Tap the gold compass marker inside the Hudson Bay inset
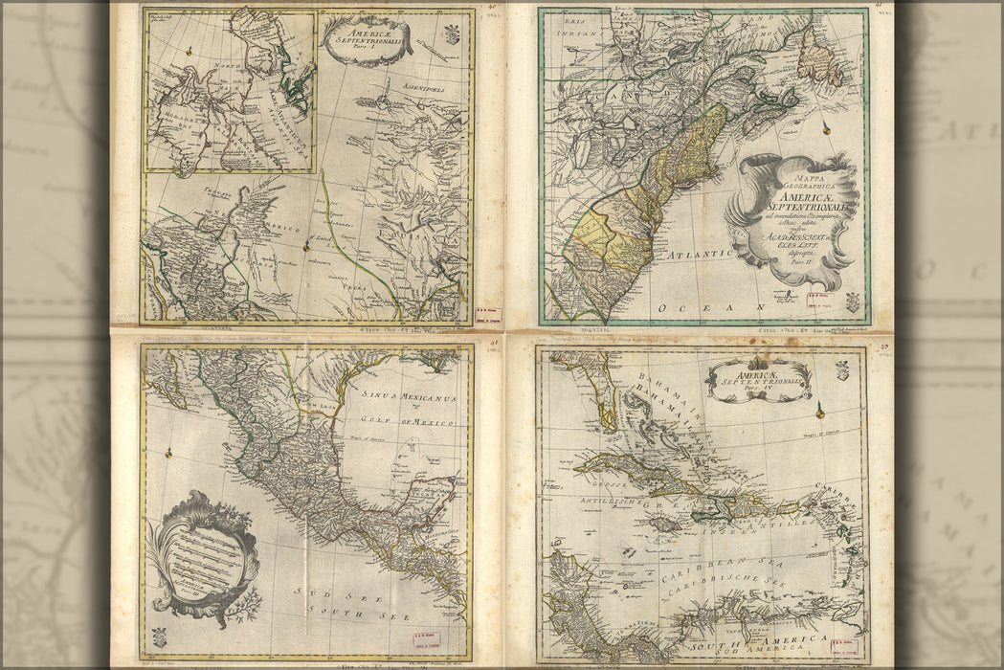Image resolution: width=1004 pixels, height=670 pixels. tap(189, 50)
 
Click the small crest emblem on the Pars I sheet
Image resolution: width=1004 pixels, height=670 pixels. tap(452, 34)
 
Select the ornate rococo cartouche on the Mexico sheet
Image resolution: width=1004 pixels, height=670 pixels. tap(203, 558)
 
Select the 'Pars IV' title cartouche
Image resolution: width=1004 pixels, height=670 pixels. tap(759, 379)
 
